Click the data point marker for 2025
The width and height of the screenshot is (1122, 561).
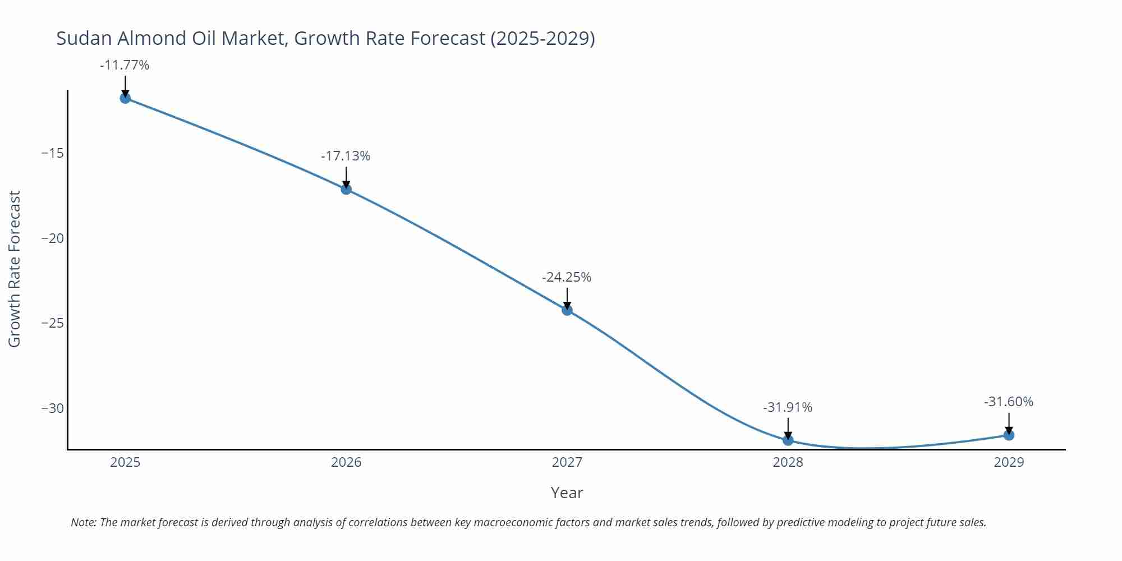click(125, 98)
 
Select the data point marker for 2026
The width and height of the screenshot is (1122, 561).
click(346, 189)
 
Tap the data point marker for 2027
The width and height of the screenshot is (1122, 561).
click(567, 310)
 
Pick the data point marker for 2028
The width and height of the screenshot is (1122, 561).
click(788, 440)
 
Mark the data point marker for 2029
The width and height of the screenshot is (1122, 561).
click(1009, 435)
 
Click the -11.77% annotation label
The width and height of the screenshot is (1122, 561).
click(125, 65)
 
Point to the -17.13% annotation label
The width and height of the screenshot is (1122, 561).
click(346, 156)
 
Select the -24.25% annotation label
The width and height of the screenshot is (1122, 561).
click(567, 277)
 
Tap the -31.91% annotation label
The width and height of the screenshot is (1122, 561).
click(788, 407)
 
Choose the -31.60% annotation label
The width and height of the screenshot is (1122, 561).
click(1009, 402)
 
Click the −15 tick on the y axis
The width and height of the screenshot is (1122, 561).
click(53, 153)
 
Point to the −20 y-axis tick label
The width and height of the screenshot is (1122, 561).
click(53, 238)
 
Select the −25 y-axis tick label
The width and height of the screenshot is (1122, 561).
click(53, 323)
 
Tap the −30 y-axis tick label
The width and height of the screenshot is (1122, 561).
click(53, 408)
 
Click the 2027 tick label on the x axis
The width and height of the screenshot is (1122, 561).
click(567, 462)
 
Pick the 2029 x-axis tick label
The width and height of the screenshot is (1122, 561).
click(1009, 462)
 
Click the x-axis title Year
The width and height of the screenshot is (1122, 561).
click(567, 493)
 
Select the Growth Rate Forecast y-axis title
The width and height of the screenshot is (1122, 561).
click(15, 269)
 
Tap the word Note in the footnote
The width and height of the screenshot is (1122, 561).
click(83, 522)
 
